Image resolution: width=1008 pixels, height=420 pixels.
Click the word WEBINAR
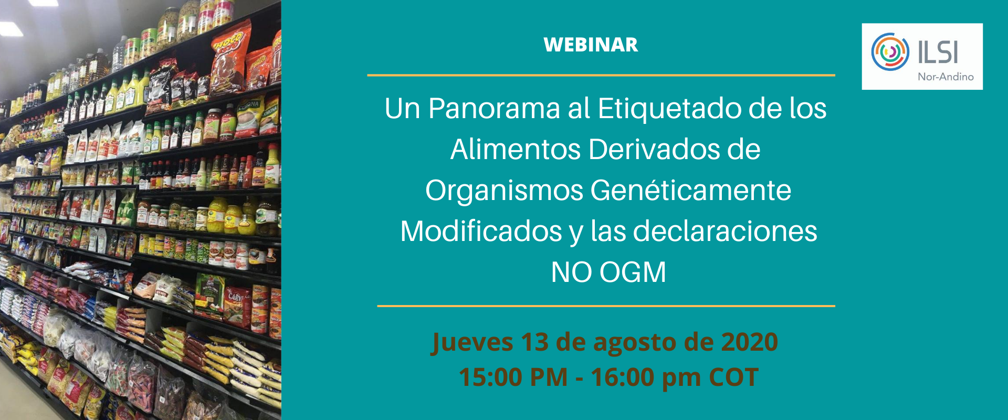(591, 45)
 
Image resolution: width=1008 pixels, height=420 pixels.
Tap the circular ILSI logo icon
(890, 52)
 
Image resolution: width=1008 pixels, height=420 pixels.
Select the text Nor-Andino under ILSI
(946, 77)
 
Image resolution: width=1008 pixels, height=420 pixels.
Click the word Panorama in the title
(494, 109)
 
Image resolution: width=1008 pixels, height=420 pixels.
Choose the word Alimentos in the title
(516, 149)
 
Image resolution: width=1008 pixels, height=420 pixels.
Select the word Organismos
(504, 190)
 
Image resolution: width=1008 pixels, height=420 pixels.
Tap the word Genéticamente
(691, 190)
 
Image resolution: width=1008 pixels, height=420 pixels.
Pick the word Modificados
(481, 231)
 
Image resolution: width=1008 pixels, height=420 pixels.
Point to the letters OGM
(633, 272)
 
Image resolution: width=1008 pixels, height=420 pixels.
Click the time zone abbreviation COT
(733, 377)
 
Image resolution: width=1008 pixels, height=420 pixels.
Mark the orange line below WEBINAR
(601, 76)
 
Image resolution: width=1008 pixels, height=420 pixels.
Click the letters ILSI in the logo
(938, 52)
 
